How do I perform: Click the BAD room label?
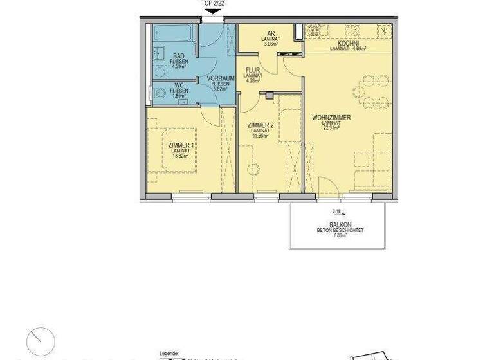coord(179,56)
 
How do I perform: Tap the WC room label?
coord(179,85)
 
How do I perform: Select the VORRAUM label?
coord(219,78)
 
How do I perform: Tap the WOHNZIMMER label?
coord(331,118)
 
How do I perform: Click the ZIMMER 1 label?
coord(180,146)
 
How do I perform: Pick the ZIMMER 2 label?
coord(262,125)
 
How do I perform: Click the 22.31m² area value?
coord(331,128)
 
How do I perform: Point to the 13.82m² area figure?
coord(180,156)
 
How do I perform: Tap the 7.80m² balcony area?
coord(340,235)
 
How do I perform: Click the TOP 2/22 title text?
coord(214,3)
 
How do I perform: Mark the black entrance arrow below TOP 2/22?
coord(211,10)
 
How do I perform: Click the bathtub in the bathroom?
coord(170,33)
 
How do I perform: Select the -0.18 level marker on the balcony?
coord(336,211)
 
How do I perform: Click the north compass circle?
coord(41,340)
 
